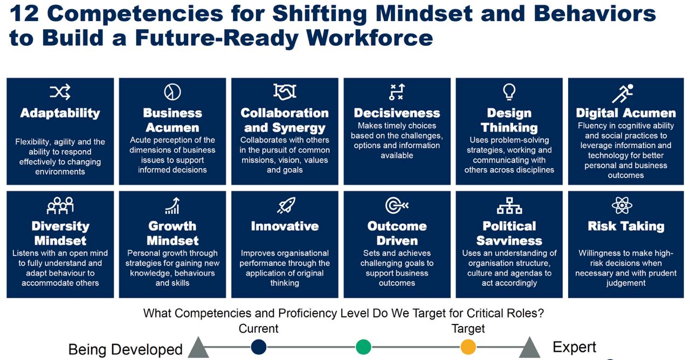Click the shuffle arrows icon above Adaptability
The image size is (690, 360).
[60, 92]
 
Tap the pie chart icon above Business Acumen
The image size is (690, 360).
[172, 92]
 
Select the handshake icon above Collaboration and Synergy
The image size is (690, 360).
[285, 92]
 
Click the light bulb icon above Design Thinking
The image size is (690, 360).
[509, 92]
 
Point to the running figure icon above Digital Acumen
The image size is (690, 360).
[623, 94]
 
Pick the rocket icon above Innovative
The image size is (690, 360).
[286, 205]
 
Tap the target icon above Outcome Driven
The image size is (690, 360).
[397, 205]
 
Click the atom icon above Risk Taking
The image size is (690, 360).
[622, 205]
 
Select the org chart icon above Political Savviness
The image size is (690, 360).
[509, 206]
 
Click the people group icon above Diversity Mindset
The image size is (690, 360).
[60, 205]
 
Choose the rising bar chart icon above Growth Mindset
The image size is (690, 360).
[172, 206]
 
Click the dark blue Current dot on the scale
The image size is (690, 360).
[258, 347]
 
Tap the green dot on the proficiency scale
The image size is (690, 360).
[363, 347]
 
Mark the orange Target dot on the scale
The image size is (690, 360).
[468, 347]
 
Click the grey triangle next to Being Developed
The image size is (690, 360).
[198, 348]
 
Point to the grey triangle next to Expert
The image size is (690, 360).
[529, 348]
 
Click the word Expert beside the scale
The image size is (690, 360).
[575, 348]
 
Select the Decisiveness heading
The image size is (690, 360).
[397, 113]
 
